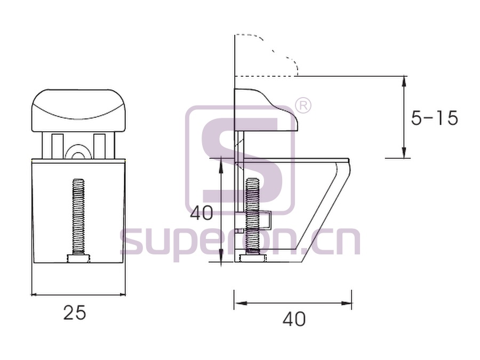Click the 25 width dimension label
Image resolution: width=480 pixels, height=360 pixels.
coord(74,313)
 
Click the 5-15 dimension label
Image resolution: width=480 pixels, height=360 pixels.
coord(434,118)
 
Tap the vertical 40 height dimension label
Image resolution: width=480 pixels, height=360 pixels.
coord(201,213)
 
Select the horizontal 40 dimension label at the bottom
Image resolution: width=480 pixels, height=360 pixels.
coord(294,319)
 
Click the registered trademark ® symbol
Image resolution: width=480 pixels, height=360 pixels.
coord(303,106)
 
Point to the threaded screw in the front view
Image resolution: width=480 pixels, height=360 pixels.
coord(78,216)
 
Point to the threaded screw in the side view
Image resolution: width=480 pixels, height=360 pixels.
coord(252,214)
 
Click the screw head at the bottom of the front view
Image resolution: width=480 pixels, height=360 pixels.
coord(78,258)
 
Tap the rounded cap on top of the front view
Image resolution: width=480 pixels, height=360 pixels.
coord(78,110)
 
